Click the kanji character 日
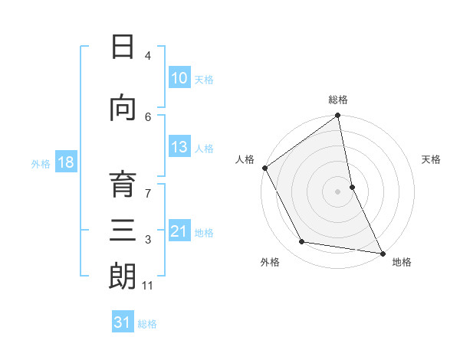pyautogui.click(x=123, y=47)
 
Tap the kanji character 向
pyautogui.click(x=123, y=109)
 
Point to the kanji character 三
pyautogui.click(x=123, y=231)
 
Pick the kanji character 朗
pyautogui.click(x=123, y=277)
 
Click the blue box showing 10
pyautogui.click(x=179, y=77)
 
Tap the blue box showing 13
pyautogui.click(x=179, y=147)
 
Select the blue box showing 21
pyautogui.click(x=179, y=231)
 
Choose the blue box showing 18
pyautogui.click(x=64, y=162)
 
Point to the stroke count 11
pyautogui.click(x=149, y=286)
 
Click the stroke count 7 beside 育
pyautogui.click(x=149, y=186)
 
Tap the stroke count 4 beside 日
pyautogui.click(x=148, y=56)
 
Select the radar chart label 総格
pyautogui.click(x=337, y=100)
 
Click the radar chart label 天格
pyautogui.click(x=432, y=159)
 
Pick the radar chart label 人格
pyautogui.click(x=245, y=159)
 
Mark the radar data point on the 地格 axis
pyautogui.click(x=382, y=253)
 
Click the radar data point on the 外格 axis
pyautogui.click(x=302, y=242)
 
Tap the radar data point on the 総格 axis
pyautogui.click(x=337, y=116)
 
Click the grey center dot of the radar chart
pyautogui.click(x=337, y=191)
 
